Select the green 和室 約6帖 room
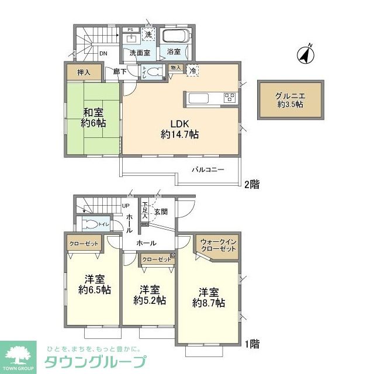point(93,119)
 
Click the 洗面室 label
point(140,53)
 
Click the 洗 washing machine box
point(148,35)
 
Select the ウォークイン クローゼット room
point(218,245)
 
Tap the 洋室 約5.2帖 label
point(150,295)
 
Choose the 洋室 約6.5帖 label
point(94,285)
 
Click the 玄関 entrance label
point(161,212)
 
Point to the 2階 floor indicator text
point(251,184)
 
